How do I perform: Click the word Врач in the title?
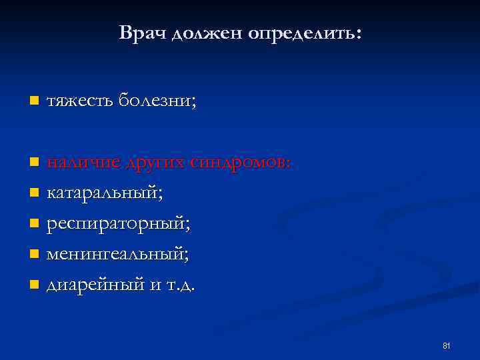pos(141,33)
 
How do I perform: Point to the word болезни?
pos(157,101)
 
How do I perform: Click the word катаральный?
pos(105,193)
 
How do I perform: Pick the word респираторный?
pos(118,224)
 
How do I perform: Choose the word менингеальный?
pos(117,255)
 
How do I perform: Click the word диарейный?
pos(95,285)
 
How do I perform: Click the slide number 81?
pos(447,345)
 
